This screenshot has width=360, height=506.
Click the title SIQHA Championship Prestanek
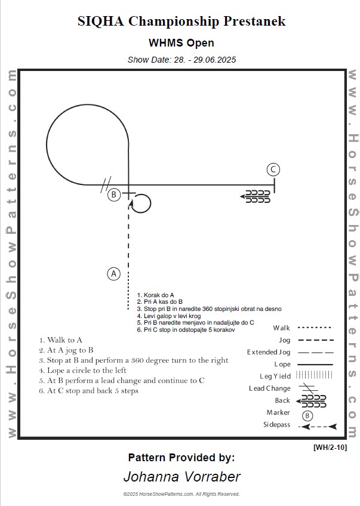click(181, 22)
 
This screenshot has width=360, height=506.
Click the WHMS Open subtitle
click(181, 43)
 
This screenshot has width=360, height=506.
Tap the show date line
click(181, 60)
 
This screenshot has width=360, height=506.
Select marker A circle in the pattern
click(113, 274)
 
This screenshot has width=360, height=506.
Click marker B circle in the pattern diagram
click(113, 195)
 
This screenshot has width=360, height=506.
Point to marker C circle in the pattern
click(273, 169)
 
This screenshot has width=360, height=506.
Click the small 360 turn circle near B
click(141, 204)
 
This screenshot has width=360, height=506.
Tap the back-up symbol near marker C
click(255, 196)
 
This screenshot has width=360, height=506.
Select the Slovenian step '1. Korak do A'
click(155, 295)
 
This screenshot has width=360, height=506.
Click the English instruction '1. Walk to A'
click(61, 340)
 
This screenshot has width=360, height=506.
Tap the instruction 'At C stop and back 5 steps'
click(89, 391)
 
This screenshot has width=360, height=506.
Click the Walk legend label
click(281, 328)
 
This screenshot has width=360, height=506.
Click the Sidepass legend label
click(276, 425)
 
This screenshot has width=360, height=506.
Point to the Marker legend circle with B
click(307, 415)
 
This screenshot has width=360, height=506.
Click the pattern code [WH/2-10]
click(330, 447)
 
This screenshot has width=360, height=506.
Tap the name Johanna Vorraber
click(181, 477)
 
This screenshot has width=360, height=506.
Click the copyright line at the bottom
click(181, 494)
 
